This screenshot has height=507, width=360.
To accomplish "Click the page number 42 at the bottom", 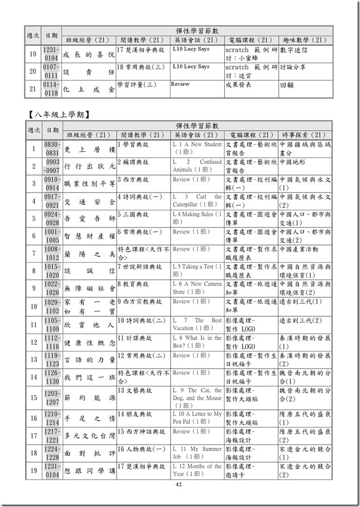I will [x=179, y=486].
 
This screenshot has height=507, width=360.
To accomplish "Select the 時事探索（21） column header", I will [x=305, y=135].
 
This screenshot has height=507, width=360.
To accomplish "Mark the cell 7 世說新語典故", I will [x=139, y=266].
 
